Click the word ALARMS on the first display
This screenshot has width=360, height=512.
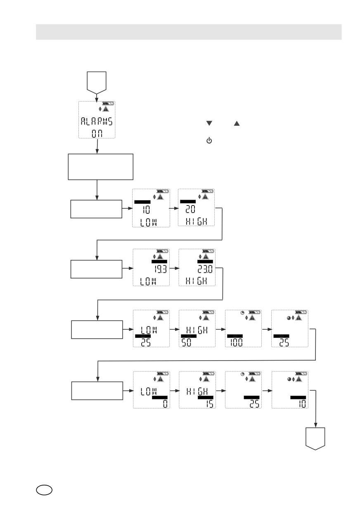point(97,121)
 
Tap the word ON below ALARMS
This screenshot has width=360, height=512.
point(97,134)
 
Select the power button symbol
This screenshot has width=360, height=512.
point(209,140)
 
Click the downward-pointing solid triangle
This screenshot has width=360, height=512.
point(209,123)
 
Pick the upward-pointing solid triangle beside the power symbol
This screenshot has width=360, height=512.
point(237,123)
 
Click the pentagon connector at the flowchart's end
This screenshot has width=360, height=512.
point(315,439)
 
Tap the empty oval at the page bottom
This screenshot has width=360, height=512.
point(44,490)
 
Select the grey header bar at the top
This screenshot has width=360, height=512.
point(189,32)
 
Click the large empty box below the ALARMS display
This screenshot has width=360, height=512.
point(101,167)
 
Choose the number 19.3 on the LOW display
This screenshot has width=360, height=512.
point(161,269)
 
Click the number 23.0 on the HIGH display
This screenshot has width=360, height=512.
point(205,269)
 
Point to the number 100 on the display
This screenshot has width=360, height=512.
point(236,342)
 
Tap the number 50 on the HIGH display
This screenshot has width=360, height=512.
point(187,342)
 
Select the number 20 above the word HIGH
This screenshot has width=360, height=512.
point(190,209)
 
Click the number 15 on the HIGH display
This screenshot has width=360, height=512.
point(210,403)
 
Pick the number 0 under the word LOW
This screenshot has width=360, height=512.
point(165,403)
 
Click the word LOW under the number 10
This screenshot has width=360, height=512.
point(149,222)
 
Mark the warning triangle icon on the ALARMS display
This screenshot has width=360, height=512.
point(106,109)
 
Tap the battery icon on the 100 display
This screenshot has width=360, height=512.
point(254,312)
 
